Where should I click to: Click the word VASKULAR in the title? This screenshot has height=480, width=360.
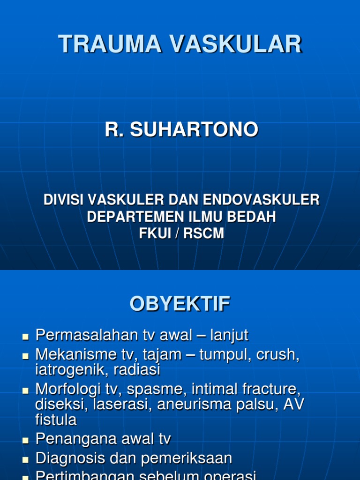click(x=236, y=45)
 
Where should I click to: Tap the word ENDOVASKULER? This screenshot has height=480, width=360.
click(x=261, y=200)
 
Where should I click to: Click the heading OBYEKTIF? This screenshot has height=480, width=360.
click(x=180, y=305)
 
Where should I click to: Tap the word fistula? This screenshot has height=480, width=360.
click(x=56, y=420)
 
